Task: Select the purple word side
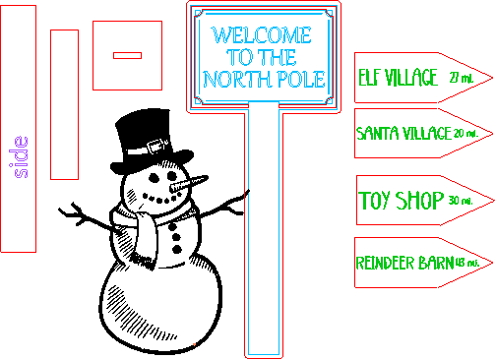tap(21, 156)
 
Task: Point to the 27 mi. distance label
tap(460, 78)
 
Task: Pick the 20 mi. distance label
tap(465, 133)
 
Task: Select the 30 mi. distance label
tap(460, 202)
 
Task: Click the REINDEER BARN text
tap(403, 263)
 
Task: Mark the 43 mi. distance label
tap(466, 263)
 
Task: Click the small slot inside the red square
tap(127, 55)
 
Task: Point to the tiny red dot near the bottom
tap(194, 344)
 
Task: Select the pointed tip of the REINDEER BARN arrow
tap(491, 262)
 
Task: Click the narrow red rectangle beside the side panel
tap(64, 104)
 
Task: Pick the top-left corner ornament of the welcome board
tap(204, 16)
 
